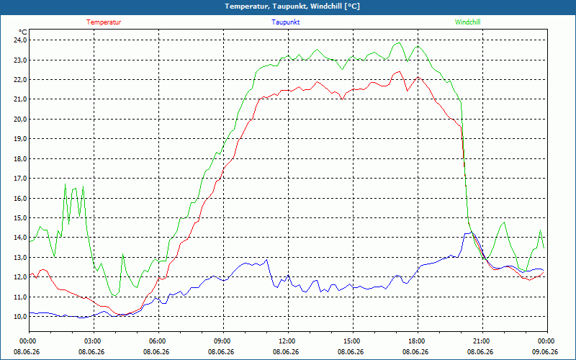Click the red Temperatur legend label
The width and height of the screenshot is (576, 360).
(x=104, y=22)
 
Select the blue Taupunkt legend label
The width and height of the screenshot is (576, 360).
(x=285, y=22)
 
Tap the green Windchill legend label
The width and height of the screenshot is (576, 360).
(x=467, y=22)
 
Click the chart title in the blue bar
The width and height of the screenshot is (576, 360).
(x=292, y=6)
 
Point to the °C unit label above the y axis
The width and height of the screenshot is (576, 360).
(x=23, y=32)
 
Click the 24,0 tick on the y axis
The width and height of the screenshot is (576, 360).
(x=20, y=40)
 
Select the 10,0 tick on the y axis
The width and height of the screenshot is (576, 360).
(x=20, y=317)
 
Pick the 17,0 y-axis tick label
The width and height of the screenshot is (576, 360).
(x=20, y=179)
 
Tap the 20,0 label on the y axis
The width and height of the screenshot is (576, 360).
(x=20, y=119)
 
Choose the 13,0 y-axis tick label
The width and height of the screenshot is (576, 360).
(x=20, y=258)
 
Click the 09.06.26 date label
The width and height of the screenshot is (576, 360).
(x=545, y=352)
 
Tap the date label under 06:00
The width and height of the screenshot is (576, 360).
(x=156, y=352)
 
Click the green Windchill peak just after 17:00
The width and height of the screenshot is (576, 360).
(x=400, y=42)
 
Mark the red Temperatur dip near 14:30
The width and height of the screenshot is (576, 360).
(x=343, y=99)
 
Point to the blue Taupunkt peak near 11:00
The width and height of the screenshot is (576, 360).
(x=267, y=260)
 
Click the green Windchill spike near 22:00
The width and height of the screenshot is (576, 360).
(x=505, y=222)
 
